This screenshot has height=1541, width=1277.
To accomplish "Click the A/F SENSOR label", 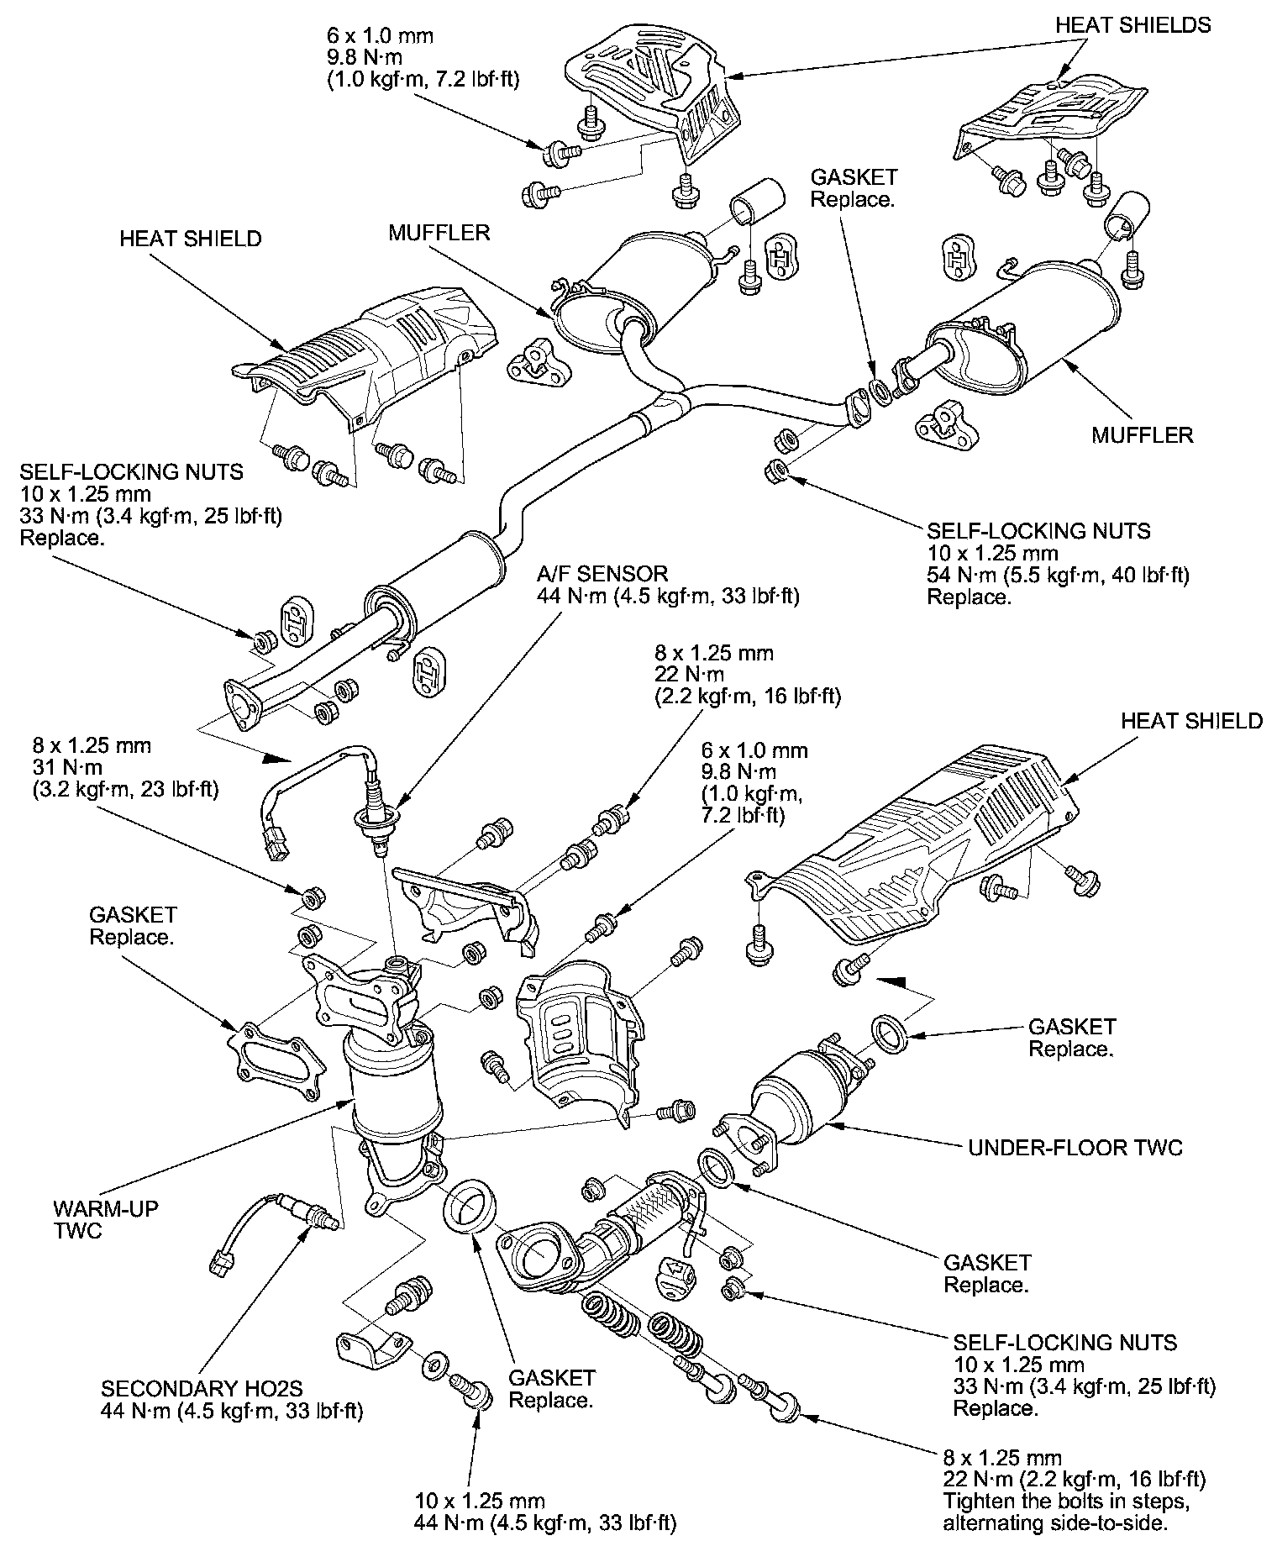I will pos(602,574).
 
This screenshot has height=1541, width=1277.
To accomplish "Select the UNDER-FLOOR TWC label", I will pos(1075,1148).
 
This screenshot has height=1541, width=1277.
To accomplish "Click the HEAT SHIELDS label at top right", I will pos(1132,25).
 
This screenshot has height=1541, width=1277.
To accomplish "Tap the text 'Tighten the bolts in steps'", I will pos(1066,1502).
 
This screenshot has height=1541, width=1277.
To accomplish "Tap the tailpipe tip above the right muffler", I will pos(1124,218).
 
